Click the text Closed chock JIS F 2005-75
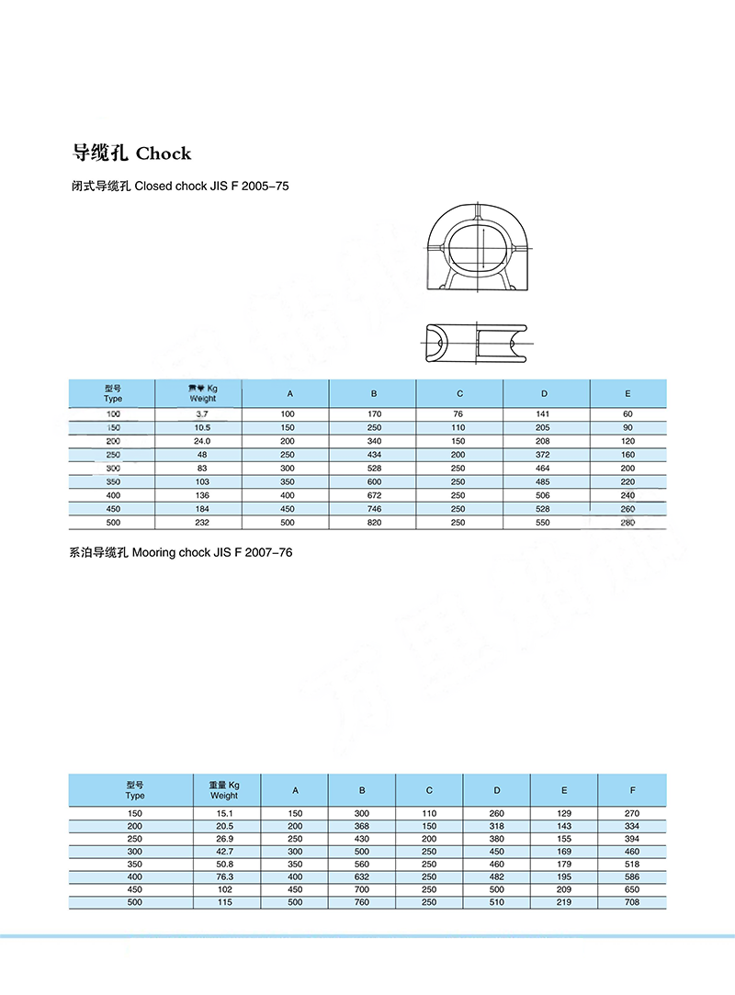211,186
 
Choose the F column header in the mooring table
632,790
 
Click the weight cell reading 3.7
202,414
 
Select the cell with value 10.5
202,428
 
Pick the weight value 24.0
202,441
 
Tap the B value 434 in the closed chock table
374,455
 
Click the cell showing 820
374,522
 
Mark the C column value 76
458,414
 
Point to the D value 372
544,455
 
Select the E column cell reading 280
628,522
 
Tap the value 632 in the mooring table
362,876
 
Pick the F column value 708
632,902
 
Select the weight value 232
202,522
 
